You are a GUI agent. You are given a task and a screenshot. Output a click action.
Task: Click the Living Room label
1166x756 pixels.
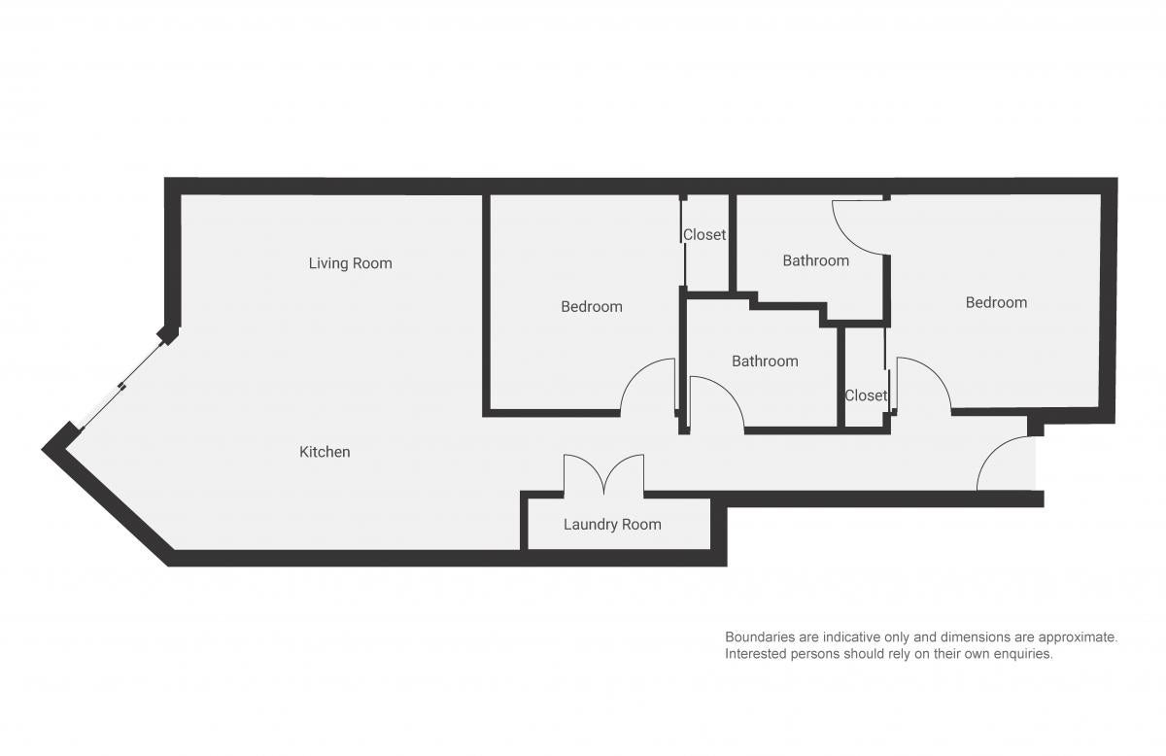tap(351, 263)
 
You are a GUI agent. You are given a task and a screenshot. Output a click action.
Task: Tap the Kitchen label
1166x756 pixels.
tap(325, 452)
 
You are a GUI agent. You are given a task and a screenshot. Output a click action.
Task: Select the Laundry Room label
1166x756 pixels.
tap(612, 525)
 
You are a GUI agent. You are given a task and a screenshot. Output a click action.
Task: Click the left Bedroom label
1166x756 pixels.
tap(592, 307)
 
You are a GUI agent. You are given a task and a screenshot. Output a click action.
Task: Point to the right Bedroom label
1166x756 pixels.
tap(996, 302)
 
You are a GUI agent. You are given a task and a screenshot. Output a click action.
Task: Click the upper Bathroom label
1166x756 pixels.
tap(815, 260)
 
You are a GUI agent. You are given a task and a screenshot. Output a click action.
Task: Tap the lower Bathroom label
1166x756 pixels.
tap(765, 361)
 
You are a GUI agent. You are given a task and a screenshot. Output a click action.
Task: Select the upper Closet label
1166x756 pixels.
tap(704, 235)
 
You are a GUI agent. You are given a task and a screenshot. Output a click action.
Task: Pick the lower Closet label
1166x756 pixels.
tap(866, 395)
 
